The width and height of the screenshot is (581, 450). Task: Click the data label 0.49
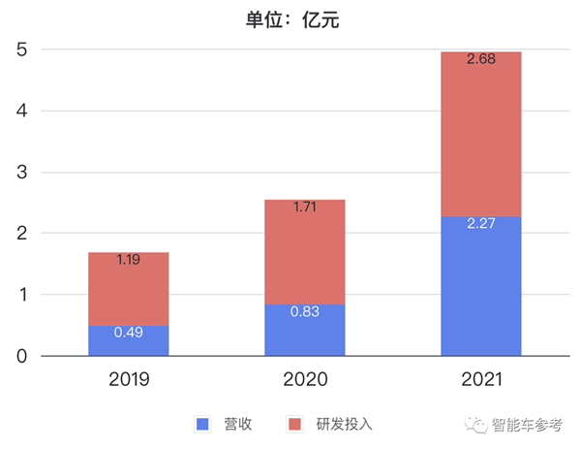pyautogui.click(x=129, y=333)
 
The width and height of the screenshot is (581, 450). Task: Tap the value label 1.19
pyautogui.click(x=129, y=260)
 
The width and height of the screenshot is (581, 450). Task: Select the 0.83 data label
pyautogui.click(x=304, y=311)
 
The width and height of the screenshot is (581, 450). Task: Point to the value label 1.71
pyautogui.click(x=304, y=207)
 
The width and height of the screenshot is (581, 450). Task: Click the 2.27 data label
pyautogui.click(x=480, y=223)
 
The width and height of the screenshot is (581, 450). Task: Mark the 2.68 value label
pyautogui.click(x=480, y=59)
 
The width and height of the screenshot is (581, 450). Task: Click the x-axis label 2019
pyautogui.click(x=129, y=379)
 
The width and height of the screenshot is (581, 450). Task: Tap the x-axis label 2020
pyautogui.click(x=304, y=379)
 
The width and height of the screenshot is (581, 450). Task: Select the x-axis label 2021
pyautogui.click(x=480, y=379)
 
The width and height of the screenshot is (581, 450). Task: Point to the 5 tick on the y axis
pyautogui.click(x=20, y=49)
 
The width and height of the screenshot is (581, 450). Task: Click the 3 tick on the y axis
pyautogui.click(x=20, y=173)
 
